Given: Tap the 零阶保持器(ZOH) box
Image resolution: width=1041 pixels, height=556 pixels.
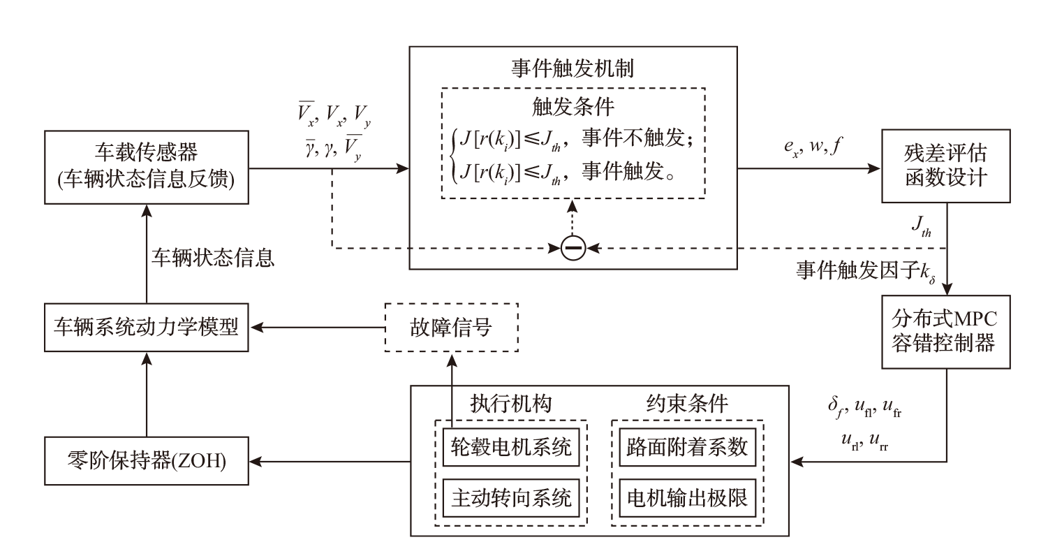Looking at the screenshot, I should (146, 461).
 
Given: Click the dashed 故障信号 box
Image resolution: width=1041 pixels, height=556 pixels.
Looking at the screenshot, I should (452, 327).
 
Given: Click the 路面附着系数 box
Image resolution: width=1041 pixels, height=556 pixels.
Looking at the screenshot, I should (687, 448).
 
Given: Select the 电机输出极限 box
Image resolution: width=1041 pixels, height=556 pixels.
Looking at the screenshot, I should (687, 498).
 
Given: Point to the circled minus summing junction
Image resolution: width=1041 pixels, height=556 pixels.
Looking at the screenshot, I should (573, 248).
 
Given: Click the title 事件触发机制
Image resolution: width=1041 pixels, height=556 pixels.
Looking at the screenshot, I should (573, 68).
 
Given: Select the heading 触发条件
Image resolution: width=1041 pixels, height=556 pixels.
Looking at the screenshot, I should (573, 108).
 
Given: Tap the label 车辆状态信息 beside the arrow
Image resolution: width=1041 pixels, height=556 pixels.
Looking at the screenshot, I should (214, 258).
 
